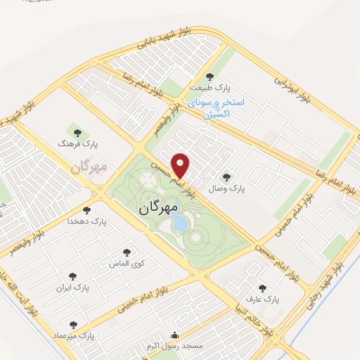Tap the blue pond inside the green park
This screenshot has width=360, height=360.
coord(180,224)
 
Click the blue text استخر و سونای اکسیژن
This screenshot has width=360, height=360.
coord(219,107)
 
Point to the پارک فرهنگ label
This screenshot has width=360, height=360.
coord(77,143)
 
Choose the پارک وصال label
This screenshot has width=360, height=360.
coord(226,188)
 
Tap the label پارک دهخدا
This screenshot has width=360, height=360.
coord(87,221)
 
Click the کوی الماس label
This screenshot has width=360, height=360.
coord(127,263)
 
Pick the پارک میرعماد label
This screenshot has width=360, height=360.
coord(73,335)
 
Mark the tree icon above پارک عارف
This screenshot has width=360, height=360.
coord(262,288)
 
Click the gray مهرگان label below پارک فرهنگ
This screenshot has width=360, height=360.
coord(89,168)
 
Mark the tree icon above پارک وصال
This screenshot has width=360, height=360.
coord(226,178)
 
